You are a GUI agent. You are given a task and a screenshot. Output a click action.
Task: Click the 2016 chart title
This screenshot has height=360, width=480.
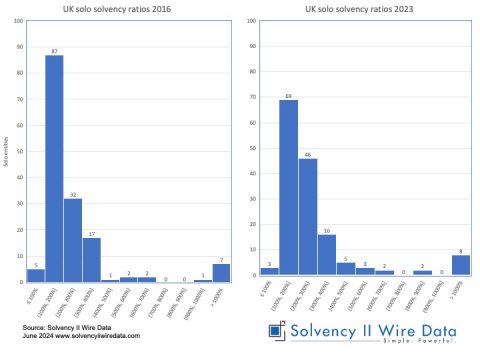tap(129, 9)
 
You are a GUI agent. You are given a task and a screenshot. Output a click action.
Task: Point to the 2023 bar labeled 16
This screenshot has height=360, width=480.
tap(327, 254)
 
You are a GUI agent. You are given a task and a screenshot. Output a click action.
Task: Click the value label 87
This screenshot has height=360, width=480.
tap(54, 50)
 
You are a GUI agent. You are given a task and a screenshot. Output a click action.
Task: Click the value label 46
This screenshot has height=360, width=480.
tap(308, 154)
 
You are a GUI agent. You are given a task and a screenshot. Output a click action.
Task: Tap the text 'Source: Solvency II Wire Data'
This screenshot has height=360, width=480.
tap(64, 327)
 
